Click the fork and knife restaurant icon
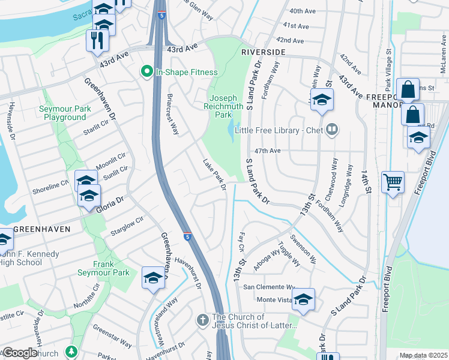pos(96,40)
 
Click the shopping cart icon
pos(393,182)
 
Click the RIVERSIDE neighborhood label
pos(263,52)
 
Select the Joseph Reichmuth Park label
pos(223,106)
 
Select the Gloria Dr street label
pos(110,202)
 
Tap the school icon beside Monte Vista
pos(304,299)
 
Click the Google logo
pos(20,353)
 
